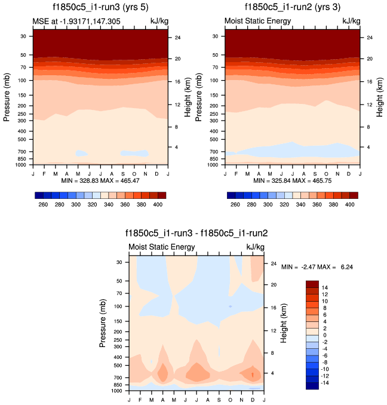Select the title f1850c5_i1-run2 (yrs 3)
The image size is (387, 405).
pyautogui.click(x=293, y=8)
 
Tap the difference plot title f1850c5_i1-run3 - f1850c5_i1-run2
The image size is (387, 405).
pyautogui.click(x=196, y=234)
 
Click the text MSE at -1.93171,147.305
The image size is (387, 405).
pyautogui.click(x=72, y=22)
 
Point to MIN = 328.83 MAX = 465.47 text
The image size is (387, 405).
pyautogui.click(x=100, y=180)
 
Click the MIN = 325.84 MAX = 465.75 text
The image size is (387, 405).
pyautogui.click(x=293, y=180)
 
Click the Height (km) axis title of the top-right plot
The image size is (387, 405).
pyautogui.click(x=380, y=96)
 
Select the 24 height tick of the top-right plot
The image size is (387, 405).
pyautogui.click(x=369, y=38)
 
